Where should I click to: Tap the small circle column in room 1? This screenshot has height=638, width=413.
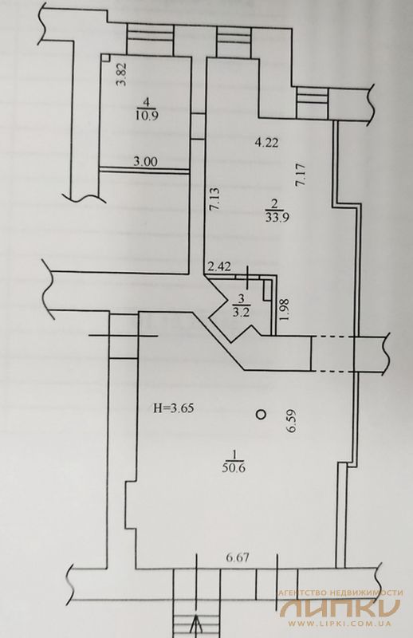(x=260, y=414)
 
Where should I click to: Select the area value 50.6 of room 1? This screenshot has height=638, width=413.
(x=234, y=468)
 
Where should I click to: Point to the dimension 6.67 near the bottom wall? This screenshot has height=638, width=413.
(x=237, y=557)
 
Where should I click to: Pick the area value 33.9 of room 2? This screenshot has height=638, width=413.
(x=277, y=217)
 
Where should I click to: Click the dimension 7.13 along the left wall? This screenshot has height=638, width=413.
(x=214, y=198)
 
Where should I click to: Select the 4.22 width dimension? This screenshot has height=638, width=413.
(x=266, y=143)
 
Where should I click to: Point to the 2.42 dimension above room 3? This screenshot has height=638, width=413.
(x=219, y=267)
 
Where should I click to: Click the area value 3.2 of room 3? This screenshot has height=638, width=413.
(x=241, y=313)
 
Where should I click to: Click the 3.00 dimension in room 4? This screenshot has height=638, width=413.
(x=145, y=162)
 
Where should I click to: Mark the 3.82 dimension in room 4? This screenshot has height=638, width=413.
(x=122, y=74)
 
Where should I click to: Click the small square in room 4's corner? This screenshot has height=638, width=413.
(x=105, y=57)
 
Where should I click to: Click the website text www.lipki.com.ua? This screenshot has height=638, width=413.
(x=340, y=623)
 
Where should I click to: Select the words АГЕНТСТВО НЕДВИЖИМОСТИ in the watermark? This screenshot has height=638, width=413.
(x=340, y=593)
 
